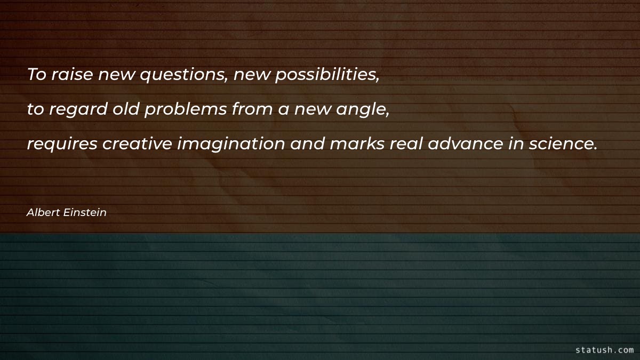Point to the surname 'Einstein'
click(85, 212)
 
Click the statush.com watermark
click(605, 350)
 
